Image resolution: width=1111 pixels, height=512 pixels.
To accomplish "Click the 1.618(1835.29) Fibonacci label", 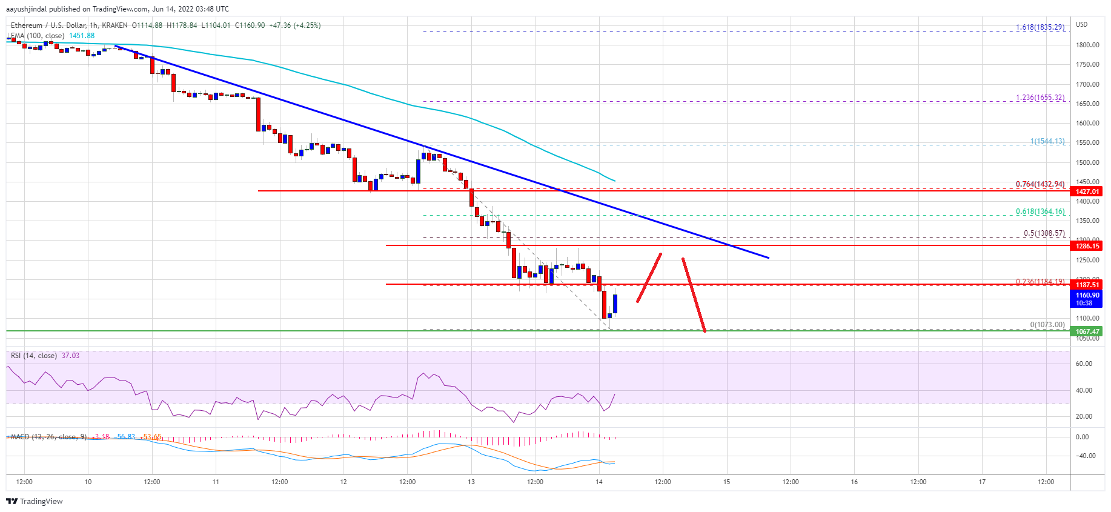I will (1040, 27).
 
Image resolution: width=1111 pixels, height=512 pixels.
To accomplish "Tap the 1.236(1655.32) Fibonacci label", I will (1040, 98).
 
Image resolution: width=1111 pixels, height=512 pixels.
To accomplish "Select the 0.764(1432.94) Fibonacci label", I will (1040, 184).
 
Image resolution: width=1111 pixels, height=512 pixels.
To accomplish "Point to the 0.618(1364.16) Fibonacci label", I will (1040, 211).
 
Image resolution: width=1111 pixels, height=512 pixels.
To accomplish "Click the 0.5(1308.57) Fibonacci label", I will (1044, 233).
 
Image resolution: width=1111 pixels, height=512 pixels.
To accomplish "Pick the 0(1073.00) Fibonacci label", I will (1047, 325).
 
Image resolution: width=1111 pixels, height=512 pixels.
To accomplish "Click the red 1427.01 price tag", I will (1087, 191).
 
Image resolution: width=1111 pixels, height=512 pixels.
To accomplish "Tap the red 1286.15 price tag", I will (1087, 246).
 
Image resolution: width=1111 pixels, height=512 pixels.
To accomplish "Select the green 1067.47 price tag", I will (1087, 331).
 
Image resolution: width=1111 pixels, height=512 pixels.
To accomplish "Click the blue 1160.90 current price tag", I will (1087, 296).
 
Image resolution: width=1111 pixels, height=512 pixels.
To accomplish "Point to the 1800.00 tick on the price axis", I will (1087, 45).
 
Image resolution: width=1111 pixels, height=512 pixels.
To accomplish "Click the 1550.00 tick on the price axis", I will (1087, 142).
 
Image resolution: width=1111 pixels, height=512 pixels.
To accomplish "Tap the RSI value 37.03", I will (70, 356).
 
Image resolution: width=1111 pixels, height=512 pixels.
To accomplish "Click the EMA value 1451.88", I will (82, 36).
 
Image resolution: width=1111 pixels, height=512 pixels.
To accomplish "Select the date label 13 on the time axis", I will (471, 482).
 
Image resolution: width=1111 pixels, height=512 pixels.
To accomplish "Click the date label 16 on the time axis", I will (854, 482).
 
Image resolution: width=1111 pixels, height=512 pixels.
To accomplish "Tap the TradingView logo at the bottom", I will (35, 501).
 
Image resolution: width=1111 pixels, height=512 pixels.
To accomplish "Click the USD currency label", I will (1081, 25).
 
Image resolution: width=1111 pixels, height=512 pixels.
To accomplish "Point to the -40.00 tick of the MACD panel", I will (1086, 456).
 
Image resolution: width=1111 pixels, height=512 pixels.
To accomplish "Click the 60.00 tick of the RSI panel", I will (1084, 364).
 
